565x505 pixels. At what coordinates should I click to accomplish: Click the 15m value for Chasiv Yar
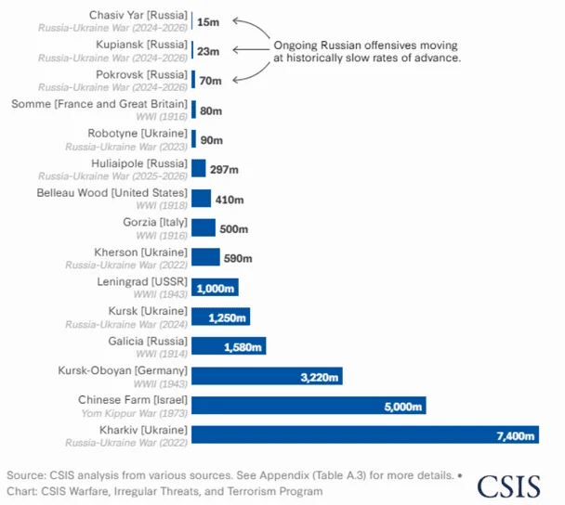click(x=209, y=21)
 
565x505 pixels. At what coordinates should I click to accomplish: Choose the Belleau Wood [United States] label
click(x=112, y=192)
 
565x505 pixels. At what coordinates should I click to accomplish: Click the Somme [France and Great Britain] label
click(x=99, y=103)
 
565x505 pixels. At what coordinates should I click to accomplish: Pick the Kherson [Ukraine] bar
click(x=205, y=257)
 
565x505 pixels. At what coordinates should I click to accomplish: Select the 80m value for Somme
click(x=211, y=110)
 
